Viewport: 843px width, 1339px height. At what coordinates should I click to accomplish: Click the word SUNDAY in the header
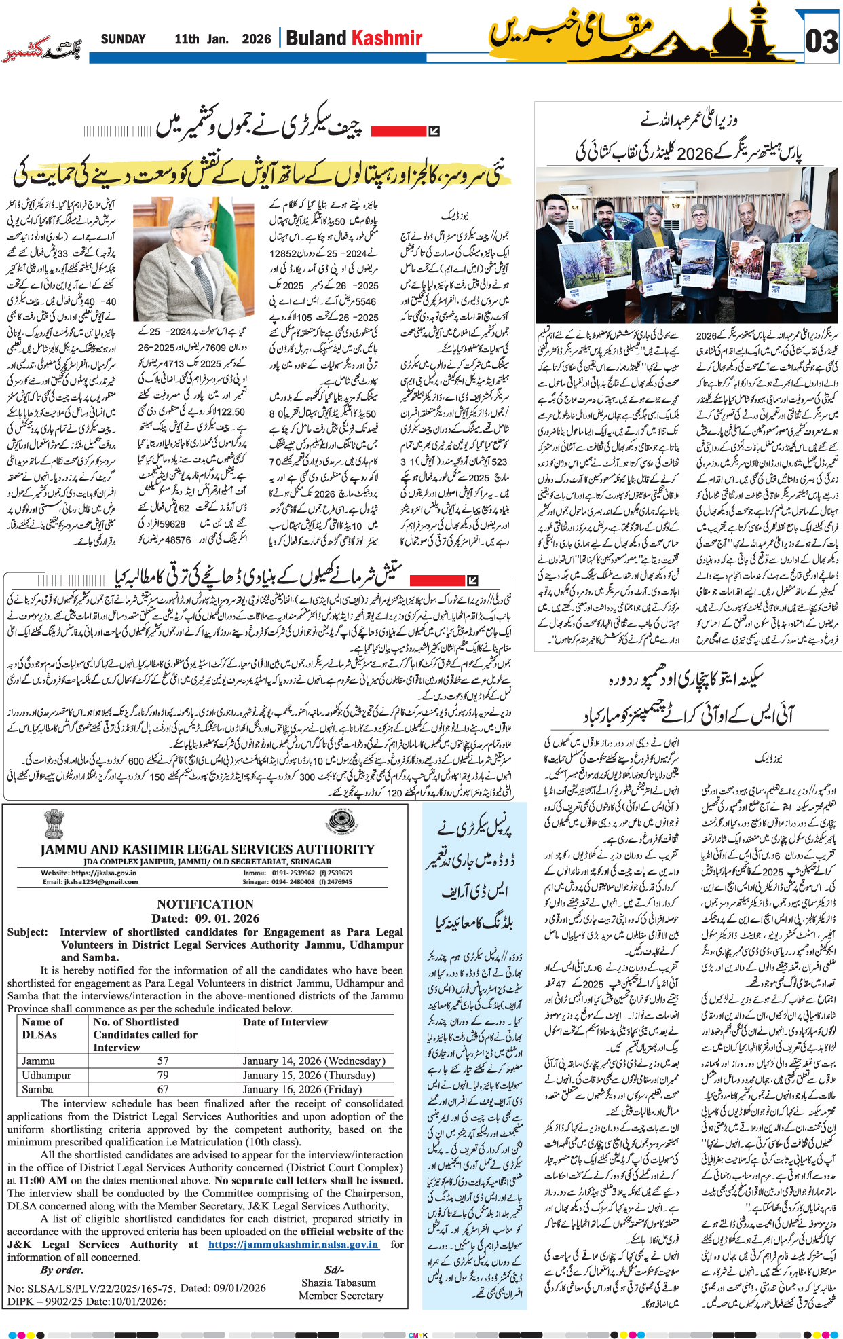[x=123, y=39]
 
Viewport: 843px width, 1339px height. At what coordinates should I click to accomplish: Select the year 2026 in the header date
[x=256, y=39]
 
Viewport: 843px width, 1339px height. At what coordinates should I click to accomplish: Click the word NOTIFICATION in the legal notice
[x=205, y=904]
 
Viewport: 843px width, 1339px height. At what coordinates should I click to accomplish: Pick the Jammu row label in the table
[x=39, y=1061]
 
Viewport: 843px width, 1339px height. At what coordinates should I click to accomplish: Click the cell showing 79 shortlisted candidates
[x=163, y=1075]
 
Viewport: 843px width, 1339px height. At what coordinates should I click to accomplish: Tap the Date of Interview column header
[x=285, y=1022]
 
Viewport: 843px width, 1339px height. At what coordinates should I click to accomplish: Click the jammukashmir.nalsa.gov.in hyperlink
[x=293, y=1245]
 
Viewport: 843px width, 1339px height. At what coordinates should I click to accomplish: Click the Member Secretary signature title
[x=341, y=1296]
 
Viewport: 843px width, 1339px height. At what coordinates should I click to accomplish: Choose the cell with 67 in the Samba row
[x=163, y=1089]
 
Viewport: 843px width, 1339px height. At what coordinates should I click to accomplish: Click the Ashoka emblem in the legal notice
[x=54, y=824]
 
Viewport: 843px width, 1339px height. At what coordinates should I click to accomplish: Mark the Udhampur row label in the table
[x=46, y=1075]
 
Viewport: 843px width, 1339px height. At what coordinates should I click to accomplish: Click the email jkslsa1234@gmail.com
[x=90, y=882]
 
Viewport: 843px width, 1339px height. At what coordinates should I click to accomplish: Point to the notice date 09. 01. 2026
[x=227, y=918]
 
